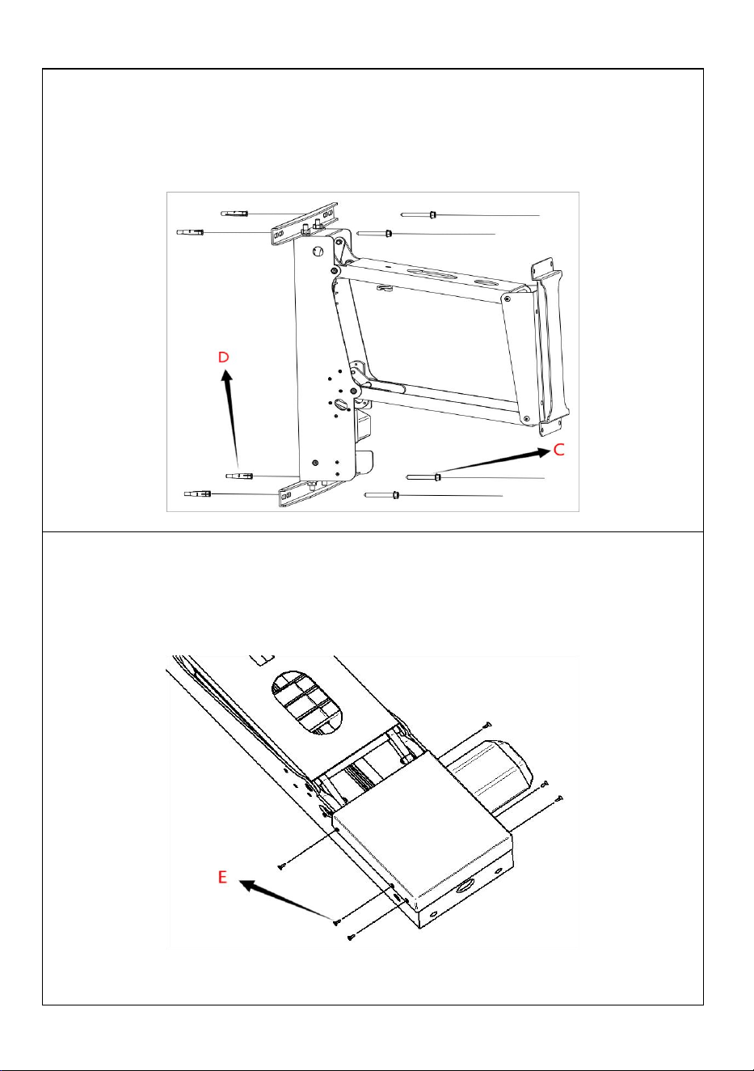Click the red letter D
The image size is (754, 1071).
(223, 357)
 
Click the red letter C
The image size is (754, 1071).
(558, 450)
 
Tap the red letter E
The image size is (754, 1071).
(222, 877)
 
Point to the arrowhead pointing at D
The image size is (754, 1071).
(227, 376)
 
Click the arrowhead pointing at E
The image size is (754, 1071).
(248, 886)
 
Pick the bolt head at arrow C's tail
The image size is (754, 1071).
(438, 476)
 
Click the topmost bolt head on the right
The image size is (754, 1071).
(432, 214)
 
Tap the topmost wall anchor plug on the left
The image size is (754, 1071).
(234, 214)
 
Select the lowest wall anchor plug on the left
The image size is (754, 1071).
(198, 493)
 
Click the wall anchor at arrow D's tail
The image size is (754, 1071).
(239, 476)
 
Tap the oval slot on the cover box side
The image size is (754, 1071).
(465, 887)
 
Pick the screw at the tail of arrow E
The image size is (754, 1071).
(337, 921)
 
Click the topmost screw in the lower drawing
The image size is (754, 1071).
(488, 724)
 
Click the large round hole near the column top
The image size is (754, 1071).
(318, 251)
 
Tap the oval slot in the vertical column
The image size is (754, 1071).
(341, 404)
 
